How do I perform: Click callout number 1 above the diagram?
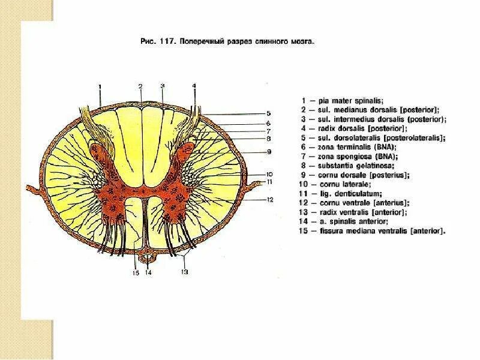tap(100, 86)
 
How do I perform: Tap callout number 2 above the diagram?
tap(140, 86)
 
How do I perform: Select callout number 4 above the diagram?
tap(194, 86)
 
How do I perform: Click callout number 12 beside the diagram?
tap(270, 199)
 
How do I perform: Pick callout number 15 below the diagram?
tap(136, 273)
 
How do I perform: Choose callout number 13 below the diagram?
tap(185, 272)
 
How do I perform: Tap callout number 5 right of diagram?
tap(269, 113)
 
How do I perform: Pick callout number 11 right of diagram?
tap(270, 181)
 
